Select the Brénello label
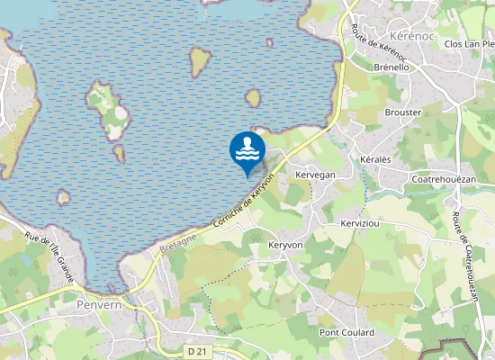coord(391,67)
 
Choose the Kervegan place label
coord(315,175)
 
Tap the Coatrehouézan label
coord(443,179)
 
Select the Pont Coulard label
coord(346,333)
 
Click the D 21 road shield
coord(198,350)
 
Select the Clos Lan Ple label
coord(469,43)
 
